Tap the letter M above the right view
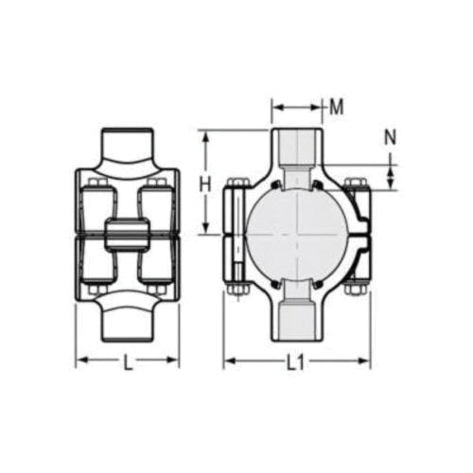(338, 106)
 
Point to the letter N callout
(389, 136)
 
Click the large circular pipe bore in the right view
(295, 232)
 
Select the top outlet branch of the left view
(127, 147)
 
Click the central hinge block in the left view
(127, 233)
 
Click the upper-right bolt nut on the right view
(356, 183)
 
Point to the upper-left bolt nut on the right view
(236, 183)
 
